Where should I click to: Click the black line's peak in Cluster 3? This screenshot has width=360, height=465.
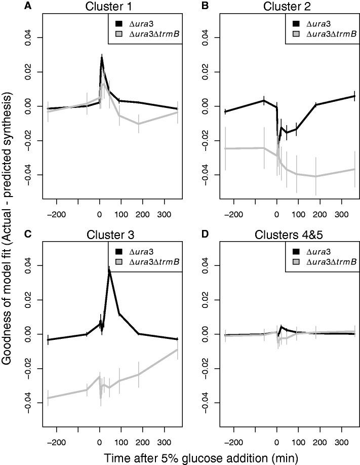point(109,270)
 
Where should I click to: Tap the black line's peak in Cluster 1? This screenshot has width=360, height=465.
point(102,57)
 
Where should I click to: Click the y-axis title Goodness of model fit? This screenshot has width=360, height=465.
point(9,227)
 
